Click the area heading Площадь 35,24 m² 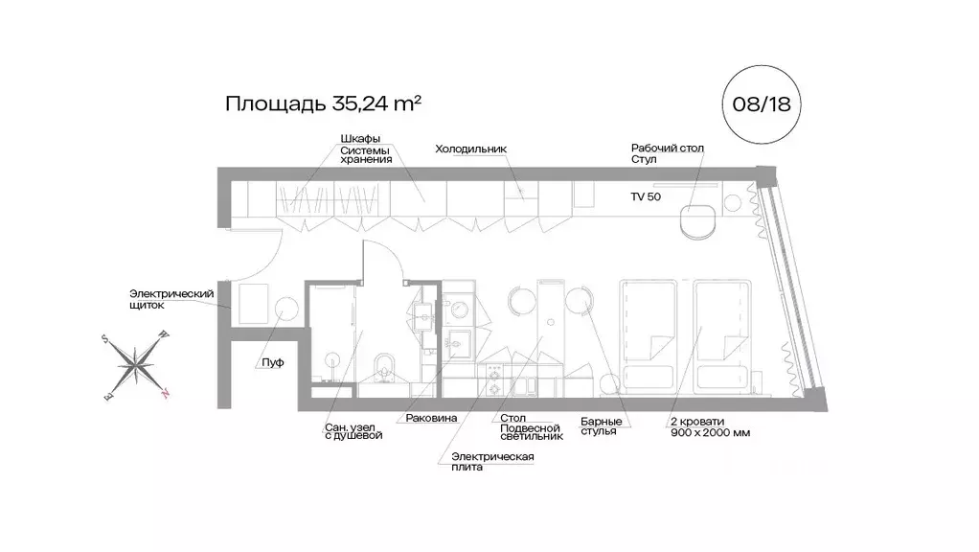323,103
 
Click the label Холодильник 469,149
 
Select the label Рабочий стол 667,149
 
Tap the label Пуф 272,363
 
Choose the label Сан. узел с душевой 353,429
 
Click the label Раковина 431,419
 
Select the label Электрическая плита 492,462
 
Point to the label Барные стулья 602,426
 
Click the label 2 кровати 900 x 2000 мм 710,426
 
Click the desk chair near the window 696,220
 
